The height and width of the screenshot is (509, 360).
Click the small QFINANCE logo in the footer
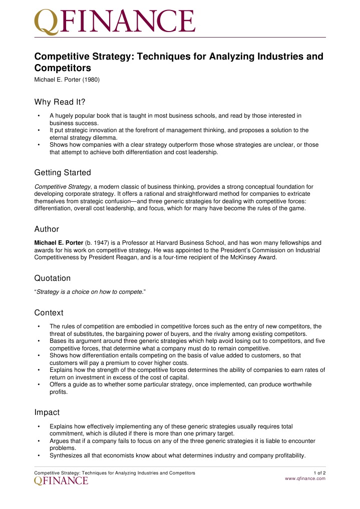click(61, 480)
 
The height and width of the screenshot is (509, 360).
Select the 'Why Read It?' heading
click(60, 103)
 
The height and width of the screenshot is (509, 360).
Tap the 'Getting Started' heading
click(63, 173)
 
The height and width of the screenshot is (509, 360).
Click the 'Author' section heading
click(47, 229)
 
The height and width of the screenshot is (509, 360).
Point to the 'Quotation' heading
click(52, 278)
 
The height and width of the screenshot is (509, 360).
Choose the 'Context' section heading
click(49, 313)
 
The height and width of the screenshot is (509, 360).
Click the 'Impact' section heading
click(47, 412)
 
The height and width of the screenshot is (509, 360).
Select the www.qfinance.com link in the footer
click(305, 478)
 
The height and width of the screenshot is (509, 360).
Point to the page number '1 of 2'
click(319, 472)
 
